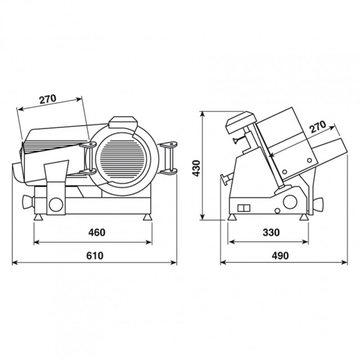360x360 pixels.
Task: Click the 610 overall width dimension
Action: tap(95, 256)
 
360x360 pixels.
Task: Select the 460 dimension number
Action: tap(97, 233)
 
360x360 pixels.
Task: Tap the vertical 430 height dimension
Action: tap(196, 168)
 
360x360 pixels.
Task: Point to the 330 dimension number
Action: tap(271, 233)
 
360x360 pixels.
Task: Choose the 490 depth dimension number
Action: tap(280, 256)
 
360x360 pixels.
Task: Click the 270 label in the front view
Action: tap(48, 99)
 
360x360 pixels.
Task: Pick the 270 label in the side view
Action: tap(318, 127)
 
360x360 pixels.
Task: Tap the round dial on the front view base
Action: tap(56, 205)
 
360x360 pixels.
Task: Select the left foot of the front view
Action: tap(38, 217)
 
